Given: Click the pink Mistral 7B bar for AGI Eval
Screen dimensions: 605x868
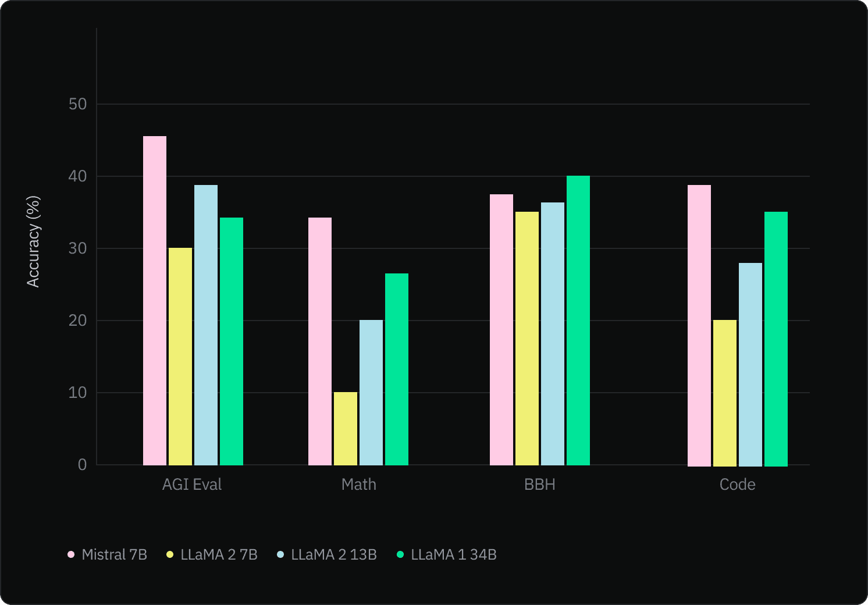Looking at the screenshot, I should (x=155, y=301).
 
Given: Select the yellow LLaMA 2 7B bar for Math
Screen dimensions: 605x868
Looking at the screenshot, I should (x=346, y=429).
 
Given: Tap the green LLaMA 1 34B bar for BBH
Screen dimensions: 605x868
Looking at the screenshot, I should (x=578, y=321).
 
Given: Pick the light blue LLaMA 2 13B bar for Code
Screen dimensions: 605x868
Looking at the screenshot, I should (x=750, y=364).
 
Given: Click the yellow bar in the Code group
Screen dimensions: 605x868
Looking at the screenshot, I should (x=725, y=393).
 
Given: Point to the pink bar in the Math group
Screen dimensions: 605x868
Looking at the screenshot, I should (x=320, y=341).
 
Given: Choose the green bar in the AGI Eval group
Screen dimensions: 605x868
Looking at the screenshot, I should (x=232, y=341).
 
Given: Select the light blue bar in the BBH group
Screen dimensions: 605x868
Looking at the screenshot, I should (x=553, y=334).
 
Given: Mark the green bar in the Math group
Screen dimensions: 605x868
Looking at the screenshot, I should (x=397, y=369).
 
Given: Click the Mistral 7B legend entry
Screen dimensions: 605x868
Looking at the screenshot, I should (x=108, y=554).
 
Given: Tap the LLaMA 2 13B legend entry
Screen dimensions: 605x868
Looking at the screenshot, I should (x=328, y=554).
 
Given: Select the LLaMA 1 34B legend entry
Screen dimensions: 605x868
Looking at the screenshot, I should (x=447, y=554).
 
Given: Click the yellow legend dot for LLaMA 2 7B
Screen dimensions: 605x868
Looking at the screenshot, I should (x=170, y=554).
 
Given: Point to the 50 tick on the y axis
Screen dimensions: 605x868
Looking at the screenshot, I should (x=77, y=104).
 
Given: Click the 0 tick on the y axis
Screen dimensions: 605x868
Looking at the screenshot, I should (x=82, y=465).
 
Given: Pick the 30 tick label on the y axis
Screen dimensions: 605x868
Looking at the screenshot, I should (x=77, y=248).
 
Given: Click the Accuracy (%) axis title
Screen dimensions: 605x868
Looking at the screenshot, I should (x=33, y=241).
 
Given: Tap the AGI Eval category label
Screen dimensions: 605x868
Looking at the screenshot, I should (x=192, y=485).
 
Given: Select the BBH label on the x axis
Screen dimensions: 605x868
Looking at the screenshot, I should (x=540, y=485).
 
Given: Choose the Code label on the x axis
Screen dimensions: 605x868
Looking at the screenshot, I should (x=737, y=485).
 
